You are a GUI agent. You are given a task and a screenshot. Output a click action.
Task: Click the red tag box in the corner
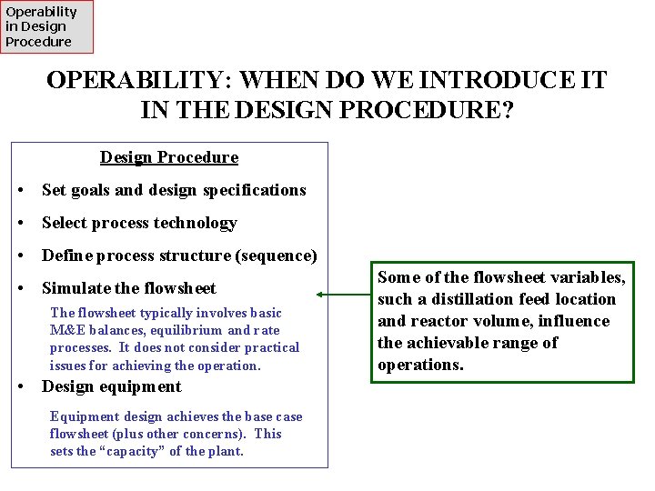click(46, 26)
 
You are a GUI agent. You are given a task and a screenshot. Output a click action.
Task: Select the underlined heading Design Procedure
click(169, 157)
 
